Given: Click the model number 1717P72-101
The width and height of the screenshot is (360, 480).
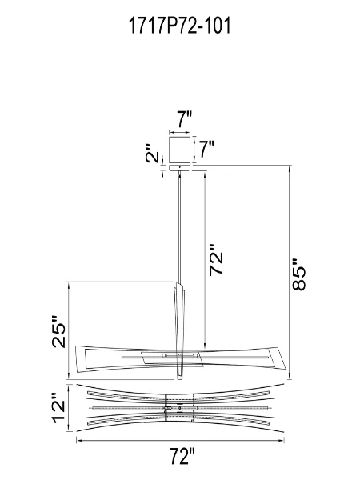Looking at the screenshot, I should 179,26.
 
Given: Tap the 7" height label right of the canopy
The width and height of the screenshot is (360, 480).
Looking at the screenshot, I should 206,147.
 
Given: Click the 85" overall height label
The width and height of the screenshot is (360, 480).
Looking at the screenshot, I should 301,274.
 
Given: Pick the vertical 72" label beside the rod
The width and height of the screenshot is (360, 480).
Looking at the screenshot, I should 218,260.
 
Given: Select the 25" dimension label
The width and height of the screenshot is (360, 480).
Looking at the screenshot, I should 58,330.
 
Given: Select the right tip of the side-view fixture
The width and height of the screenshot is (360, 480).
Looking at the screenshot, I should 283,360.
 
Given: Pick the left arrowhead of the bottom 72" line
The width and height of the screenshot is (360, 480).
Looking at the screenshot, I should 79,439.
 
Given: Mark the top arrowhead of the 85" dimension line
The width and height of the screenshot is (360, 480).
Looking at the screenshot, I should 289,169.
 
